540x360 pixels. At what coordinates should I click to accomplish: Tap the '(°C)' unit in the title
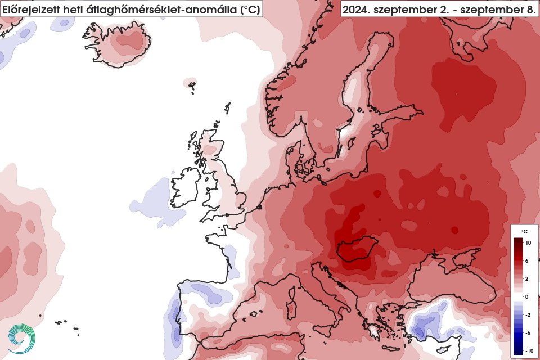[247, 9]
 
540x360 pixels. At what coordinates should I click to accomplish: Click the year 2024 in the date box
[358, 9]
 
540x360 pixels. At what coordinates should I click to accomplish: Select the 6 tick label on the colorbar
[528, 261]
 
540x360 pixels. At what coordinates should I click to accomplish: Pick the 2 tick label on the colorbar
[528, 279]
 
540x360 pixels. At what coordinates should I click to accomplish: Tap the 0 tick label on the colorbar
[528, 296]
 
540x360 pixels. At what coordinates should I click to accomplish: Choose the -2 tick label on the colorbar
[528, 314]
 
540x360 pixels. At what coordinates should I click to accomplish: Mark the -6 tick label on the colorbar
[528, 332]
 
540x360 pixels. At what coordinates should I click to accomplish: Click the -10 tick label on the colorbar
[529, 350]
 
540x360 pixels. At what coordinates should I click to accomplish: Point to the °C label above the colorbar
[524, 231]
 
